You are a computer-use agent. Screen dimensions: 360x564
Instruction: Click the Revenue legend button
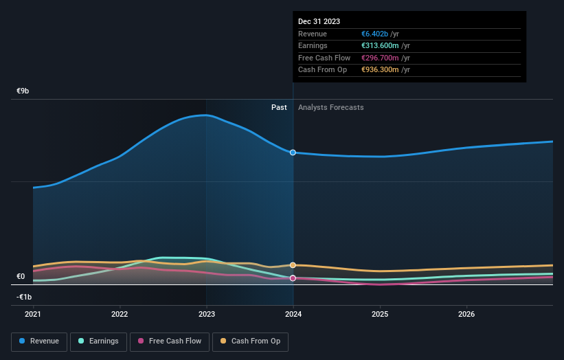(x=39, y=341)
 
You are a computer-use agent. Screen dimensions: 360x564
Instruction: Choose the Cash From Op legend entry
(x=250, y=341)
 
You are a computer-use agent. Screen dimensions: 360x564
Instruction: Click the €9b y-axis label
(x=23, y=91)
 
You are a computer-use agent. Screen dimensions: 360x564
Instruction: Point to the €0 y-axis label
(x=21, y=277)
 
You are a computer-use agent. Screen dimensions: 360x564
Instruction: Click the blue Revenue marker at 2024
(x=293, y=153)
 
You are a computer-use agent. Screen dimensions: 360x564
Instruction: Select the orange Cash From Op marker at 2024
(x=293, y=265)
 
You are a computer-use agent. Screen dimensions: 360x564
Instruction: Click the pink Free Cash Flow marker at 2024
(x=293, y=278)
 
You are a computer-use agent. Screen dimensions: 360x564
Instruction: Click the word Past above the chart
(x=279, y=107)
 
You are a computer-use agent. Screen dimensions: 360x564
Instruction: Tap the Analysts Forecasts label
(x=330, y=107)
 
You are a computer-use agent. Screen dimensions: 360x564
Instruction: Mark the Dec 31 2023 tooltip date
(x=319, y=22)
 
